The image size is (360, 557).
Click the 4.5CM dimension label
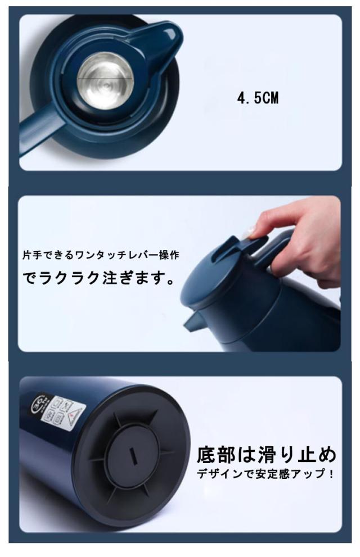click(258, 98)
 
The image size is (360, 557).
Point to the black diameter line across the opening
click(105, 78)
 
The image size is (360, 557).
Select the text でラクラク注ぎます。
click(99, 278)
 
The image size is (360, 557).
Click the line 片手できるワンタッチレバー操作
click(101, 255)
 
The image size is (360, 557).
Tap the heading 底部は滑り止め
click(266, 455)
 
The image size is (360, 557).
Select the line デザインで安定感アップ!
click(266, 473)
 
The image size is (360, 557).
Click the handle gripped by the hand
click(281, 245)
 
